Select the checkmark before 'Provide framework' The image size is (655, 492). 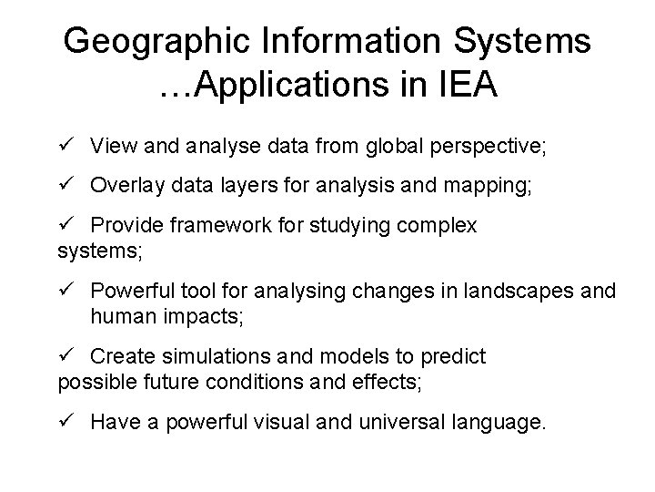tap(64, 224)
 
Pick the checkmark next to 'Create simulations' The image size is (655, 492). tap(64, 355)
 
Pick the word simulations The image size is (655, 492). tap(218, 356)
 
